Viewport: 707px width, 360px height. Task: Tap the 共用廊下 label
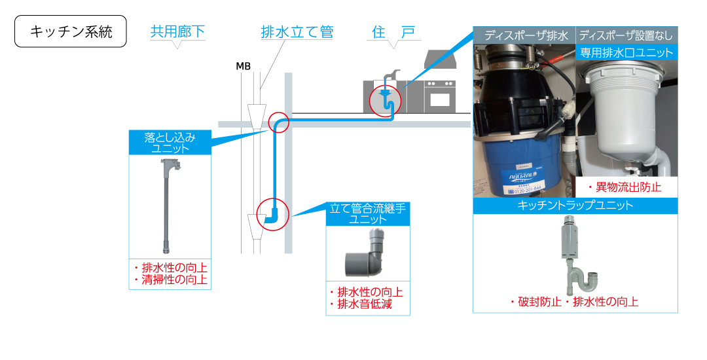click(177, 31)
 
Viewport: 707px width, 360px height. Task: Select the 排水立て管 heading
click(297, 31)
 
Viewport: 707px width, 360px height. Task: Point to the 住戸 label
click(393, 31)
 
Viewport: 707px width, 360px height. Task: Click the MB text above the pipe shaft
click(243, 66)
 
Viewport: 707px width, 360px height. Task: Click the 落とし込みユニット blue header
click(170, 143)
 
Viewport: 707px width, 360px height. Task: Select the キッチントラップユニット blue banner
click(575, 205)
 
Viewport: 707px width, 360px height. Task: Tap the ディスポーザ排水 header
click(525, 35)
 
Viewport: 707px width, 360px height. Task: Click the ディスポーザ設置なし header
click(626, 35)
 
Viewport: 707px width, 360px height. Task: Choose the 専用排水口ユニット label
click(626, 53)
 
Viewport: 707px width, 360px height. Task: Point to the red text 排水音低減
click(365, 304)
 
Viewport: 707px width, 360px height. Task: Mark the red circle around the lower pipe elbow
click(272, 214)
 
